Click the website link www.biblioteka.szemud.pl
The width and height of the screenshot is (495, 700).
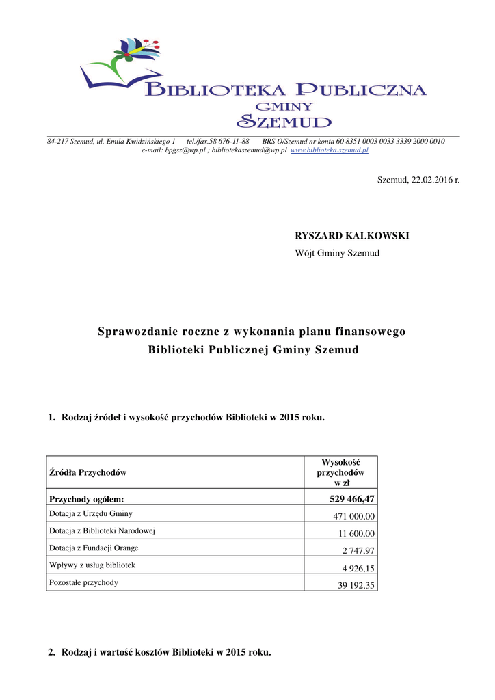pyautogui.click(x=330, y=150)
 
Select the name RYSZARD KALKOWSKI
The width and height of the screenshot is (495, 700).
pyautogui.click(x=351, y=235)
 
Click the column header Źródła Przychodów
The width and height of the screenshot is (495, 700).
pyautogui.click(x=88, y=472)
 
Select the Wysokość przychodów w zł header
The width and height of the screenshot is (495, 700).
pyautogui.click(x=340, y=472)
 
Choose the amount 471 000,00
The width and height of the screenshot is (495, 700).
pyautogui.click(x=354, y=517)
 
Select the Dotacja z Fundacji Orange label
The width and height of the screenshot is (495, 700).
pyautogui.click(x=94, y=548)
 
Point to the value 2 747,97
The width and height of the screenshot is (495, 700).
pyautogui.click(x=360, y=551)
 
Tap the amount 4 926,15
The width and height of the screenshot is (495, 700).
pyautogui.click(x=360, y=568)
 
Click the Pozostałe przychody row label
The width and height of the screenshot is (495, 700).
pyautogui.click(x=83, y=582)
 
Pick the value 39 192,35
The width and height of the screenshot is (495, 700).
pyautogui.click(x=357, y=586)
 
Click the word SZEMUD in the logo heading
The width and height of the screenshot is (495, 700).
pyautogui.click(x=284, y=122)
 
